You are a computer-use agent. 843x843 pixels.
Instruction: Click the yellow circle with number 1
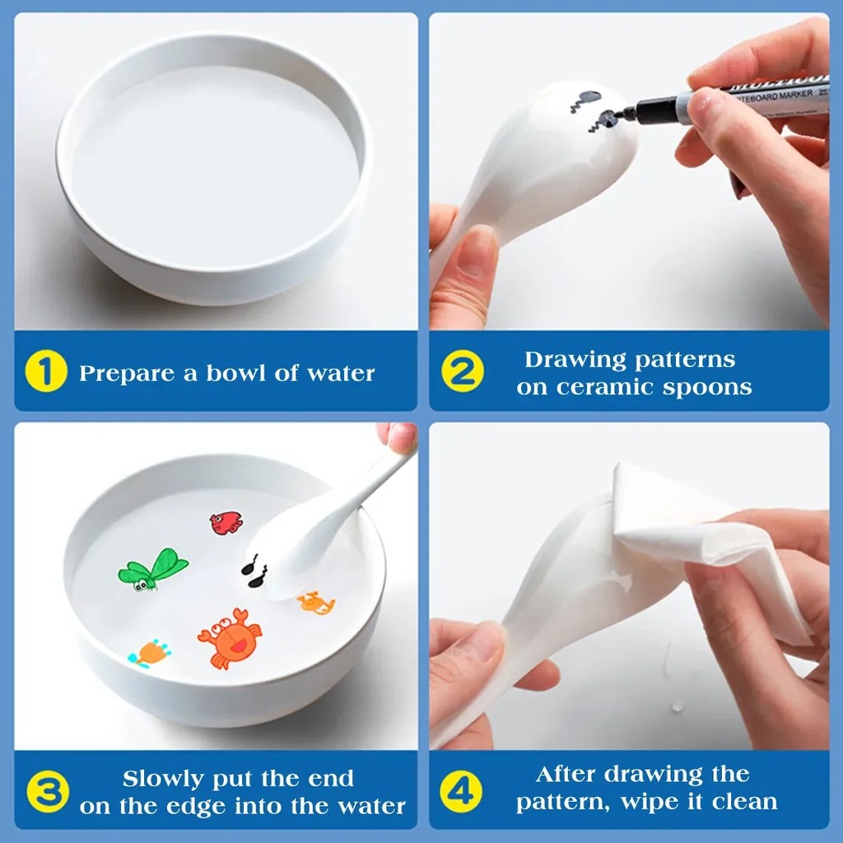click(46, 373)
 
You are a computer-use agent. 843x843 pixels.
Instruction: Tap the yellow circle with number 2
click(462, 372)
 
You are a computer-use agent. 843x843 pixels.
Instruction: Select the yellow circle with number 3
click(47, 792)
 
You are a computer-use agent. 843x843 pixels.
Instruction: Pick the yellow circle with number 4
click(460, 792)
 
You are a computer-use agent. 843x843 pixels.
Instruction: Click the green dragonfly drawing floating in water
click(152, 568)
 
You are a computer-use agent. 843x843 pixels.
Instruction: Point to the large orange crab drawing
click(230, 637)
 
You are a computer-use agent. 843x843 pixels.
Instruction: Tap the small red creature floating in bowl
click(226, 522)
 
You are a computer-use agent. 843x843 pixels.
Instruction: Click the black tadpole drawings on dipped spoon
click(254, 571)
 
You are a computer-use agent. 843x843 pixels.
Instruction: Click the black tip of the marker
click(628, 114)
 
